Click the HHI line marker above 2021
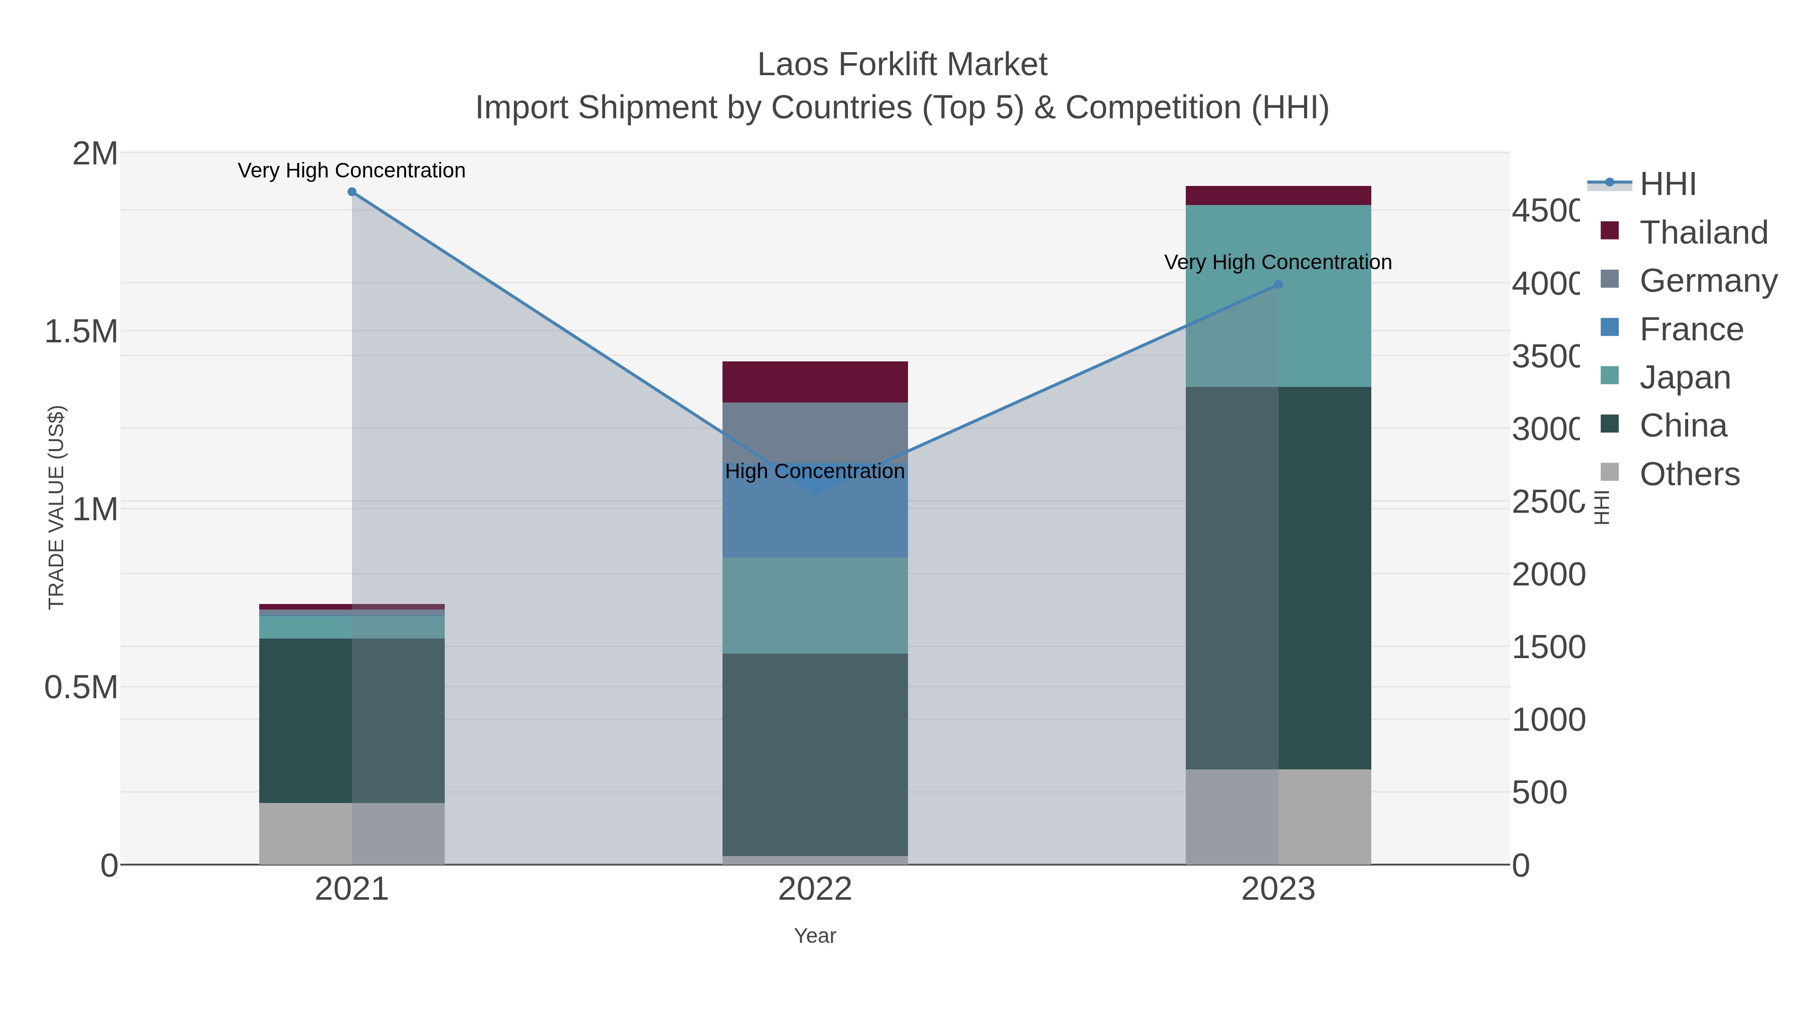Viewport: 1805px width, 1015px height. pyautogui.click(x=352, y=192)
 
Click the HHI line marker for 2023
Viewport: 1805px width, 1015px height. pyautogui.click(x=1278, y=284)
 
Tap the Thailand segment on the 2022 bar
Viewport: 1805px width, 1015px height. pyautogui.click(x=815, y=382)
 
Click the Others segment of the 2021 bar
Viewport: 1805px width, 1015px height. pyautogui.click(x=352, y=833)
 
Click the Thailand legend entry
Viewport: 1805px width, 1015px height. pyautogui.click(x=1703, y=233)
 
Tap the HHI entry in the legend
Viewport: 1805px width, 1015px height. pyautogui.click(x=1668, y=184)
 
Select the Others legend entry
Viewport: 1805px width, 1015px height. pyautogui.click(x=1689, y=474)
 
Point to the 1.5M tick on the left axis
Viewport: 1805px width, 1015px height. pyautogui.click(x=81, y=331)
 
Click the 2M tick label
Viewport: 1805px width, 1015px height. pyautogui.click(x=95, y=153)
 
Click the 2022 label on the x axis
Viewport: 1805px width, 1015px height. pyautogui.click(x=815, y=889)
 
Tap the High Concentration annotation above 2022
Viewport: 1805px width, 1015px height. pyautogui.click(x=815, y=472)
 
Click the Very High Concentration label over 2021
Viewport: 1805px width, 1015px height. pyautogui.click(x=352, y=170)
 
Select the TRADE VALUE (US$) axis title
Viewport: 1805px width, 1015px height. pyautogui.click(x=56, y=507)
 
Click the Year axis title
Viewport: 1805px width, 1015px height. pyautogui.click(x=815, y=936)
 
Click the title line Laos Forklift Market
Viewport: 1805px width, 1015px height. pyautogui.click(x=902, y=65)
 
